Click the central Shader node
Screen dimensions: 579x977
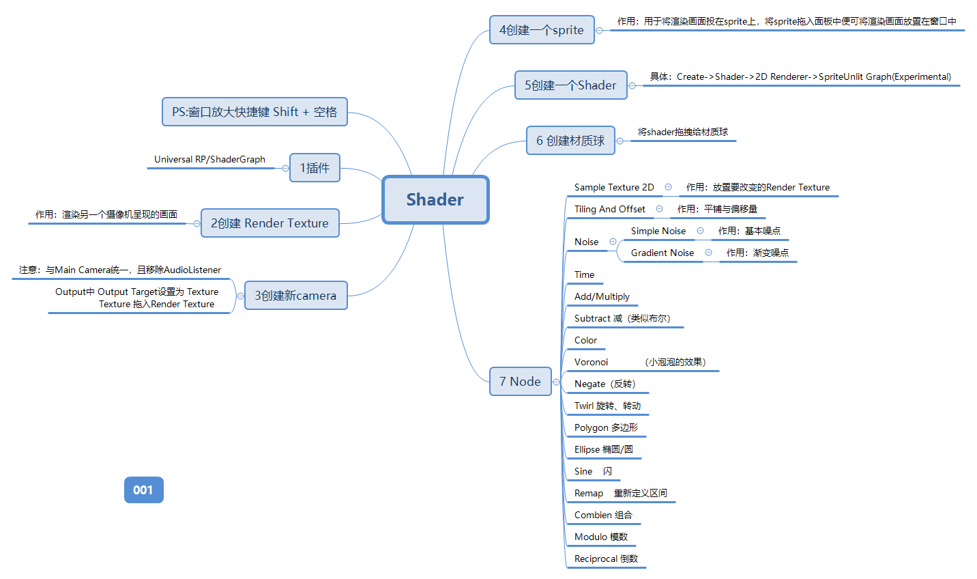(x=435, y=199)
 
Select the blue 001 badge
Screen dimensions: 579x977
(x=143, y=490)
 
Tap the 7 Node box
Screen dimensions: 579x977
(x=520, y=382)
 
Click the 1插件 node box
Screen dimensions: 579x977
(x=315, y=168)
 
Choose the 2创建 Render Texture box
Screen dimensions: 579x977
(x=269, y=223)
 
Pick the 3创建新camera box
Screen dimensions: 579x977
(x=295, y=296)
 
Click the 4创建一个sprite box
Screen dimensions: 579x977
(x=542, y=30)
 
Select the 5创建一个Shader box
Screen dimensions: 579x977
(x=570, y=85)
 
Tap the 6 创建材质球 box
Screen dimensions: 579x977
(x=570, y=141)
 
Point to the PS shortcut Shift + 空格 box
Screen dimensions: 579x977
(x=254, y=112)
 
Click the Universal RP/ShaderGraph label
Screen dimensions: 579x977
(x=209, y=159)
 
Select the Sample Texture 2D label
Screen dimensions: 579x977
(x=614, y=187)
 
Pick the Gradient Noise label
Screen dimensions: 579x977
(x=662, y=253)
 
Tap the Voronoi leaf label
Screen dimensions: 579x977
(x=591, y=362)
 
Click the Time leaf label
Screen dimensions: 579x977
(x=584, y=274)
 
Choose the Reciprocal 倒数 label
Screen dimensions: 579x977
(x=606, y=559)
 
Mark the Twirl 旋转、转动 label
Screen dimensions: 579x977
(x=607, y=406)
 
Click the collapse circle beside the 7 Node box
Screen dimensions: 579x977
(x=557, y=382)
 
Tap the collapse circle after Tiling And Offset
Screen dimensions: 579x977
(x=659, y=209)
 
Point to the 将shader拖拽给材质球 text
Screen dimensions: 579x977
(x=682, y=132)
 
